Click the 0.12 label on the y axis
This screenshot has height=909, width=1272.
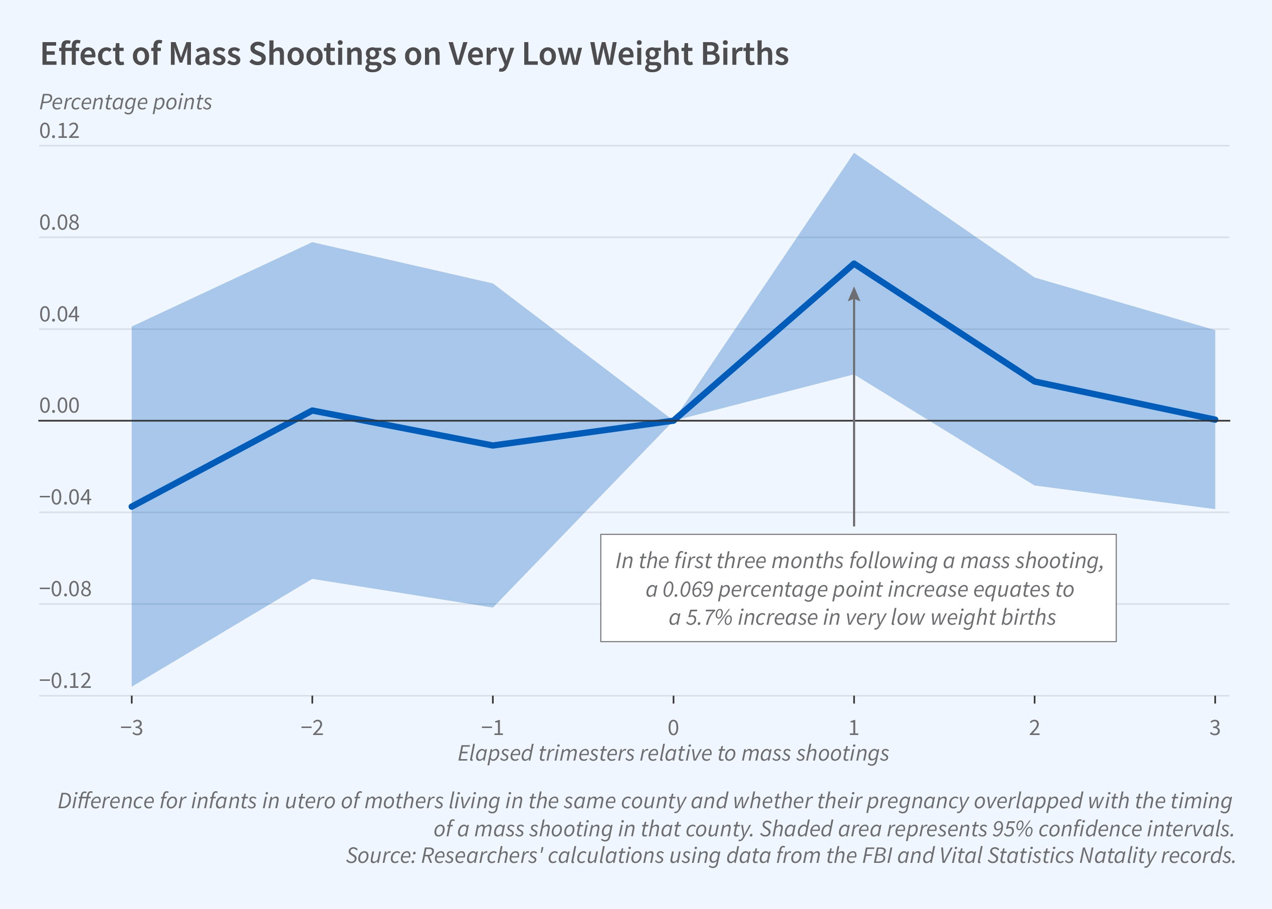click(x=59, y=131)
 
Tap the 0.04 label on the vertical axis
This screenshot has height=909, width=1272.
click(x=59, y=314)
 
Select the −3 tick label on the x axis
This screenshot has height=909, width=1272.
click(x=131, y=728)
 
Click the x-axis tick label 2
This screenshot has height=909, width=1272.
click(x=1034, y=728)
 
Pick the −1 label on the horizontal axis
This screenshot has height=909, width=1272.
click(x=492, y=728)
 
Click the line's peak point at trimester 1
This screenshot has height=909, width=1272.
click(x=854, y=263)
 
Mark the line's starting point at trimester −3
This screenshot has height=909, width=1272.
click(x=132, y=506)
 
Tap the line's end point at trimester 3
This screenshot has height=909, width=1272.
click(x=1214, y=420)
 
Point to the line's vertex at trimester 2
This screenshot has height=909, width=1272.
click(x=1034, y=381)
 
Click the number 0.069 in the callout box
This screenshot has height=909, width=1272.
click(x=688, y=590)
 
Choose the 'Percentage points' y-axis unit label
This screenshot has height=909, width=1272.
click(x=125, y=102)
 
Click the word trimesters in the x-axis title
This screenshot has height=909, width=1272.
click(x=586, y=754)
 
